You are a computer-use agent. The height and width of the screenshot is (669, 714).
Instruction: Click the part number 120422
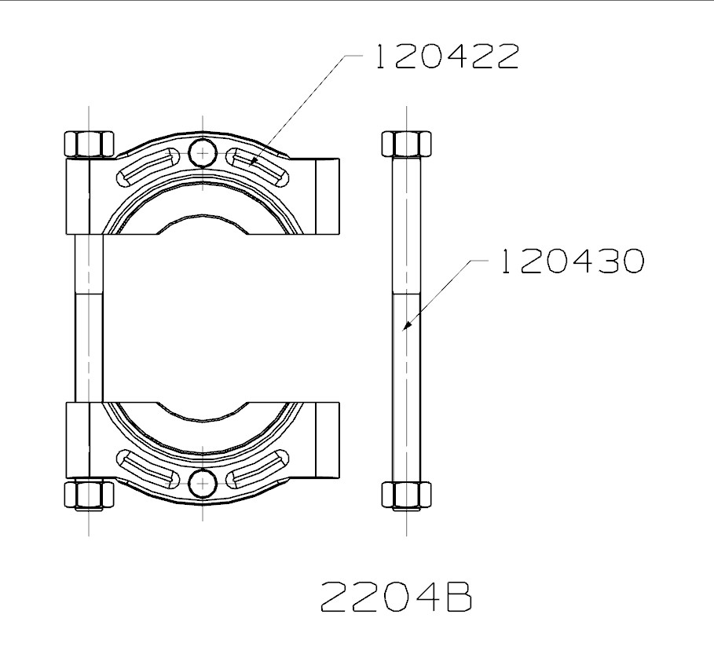click(445, 57)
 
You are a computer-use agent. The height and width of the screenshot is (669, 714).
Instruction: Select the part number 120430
click(571, 261)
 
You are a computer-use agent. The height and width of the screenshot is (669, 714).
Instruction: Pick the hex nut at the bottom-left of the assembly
click(89, 495)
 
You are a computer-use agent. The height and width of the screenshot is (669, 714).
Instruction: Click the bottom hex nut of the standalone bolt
click(407, 495)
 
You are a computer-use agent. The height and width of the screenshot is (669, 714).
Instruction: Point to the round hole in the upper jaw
click(203, 152)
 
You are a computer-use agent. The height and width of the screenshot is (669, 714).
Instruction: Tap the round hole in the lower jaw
click(203, 482)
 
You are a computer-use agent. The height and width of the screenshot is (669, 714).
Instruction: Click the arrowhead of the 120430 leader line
click(406, 324)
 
